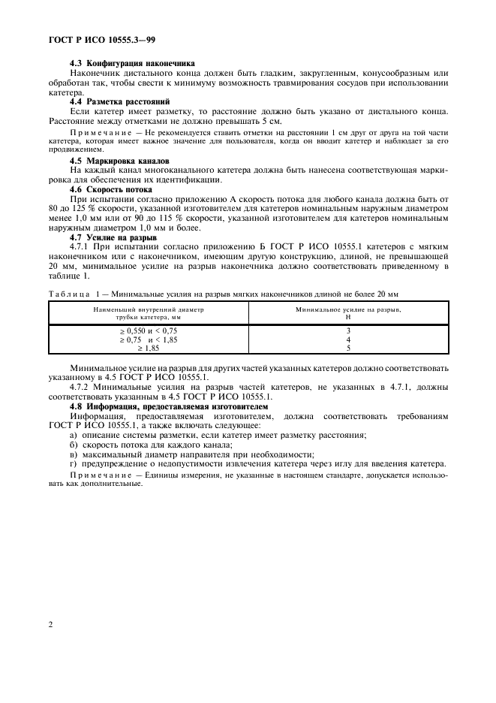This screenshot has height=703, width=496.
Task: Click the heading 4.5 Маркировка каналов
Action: click(x=120, y=161)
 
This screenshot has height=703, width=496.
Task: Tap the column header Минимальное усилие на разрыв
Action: click(x=348, y=309)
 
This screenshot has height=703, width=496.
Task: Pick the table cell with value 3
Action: click(x=348, y=330)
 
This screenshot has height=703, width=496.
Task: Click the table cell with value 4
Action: click(x=348, y=339)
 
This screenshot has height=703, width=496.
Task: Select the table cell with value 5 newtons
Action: click(x=348, y=348)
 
